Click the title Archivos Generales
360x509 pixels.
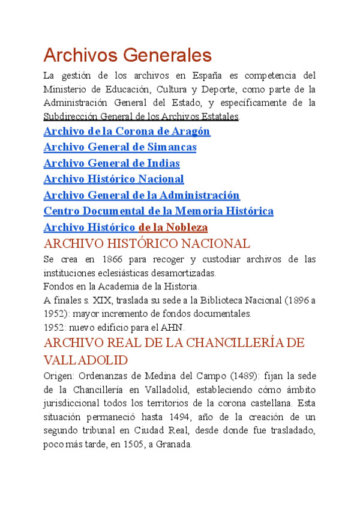[x=128, y=56]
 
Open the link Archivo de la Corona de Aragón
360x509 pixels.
[x=127, y=131]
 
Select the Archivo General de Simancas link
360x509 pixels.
[x=120, y=147]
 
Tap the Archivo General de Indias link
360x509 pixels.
[x=112, y=163]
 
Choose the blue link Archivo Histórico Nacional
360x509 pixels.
[x=114, y=179]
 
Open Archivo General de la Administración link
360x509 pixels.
[x=142, y=195]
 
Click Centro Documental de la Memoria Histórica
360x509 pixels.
[x=158, y=211]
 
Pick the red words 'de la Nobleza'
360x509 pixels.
[x=173, y=227]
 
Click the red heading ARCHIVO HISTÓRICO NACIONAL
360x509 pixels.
[x=147, y=244]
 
